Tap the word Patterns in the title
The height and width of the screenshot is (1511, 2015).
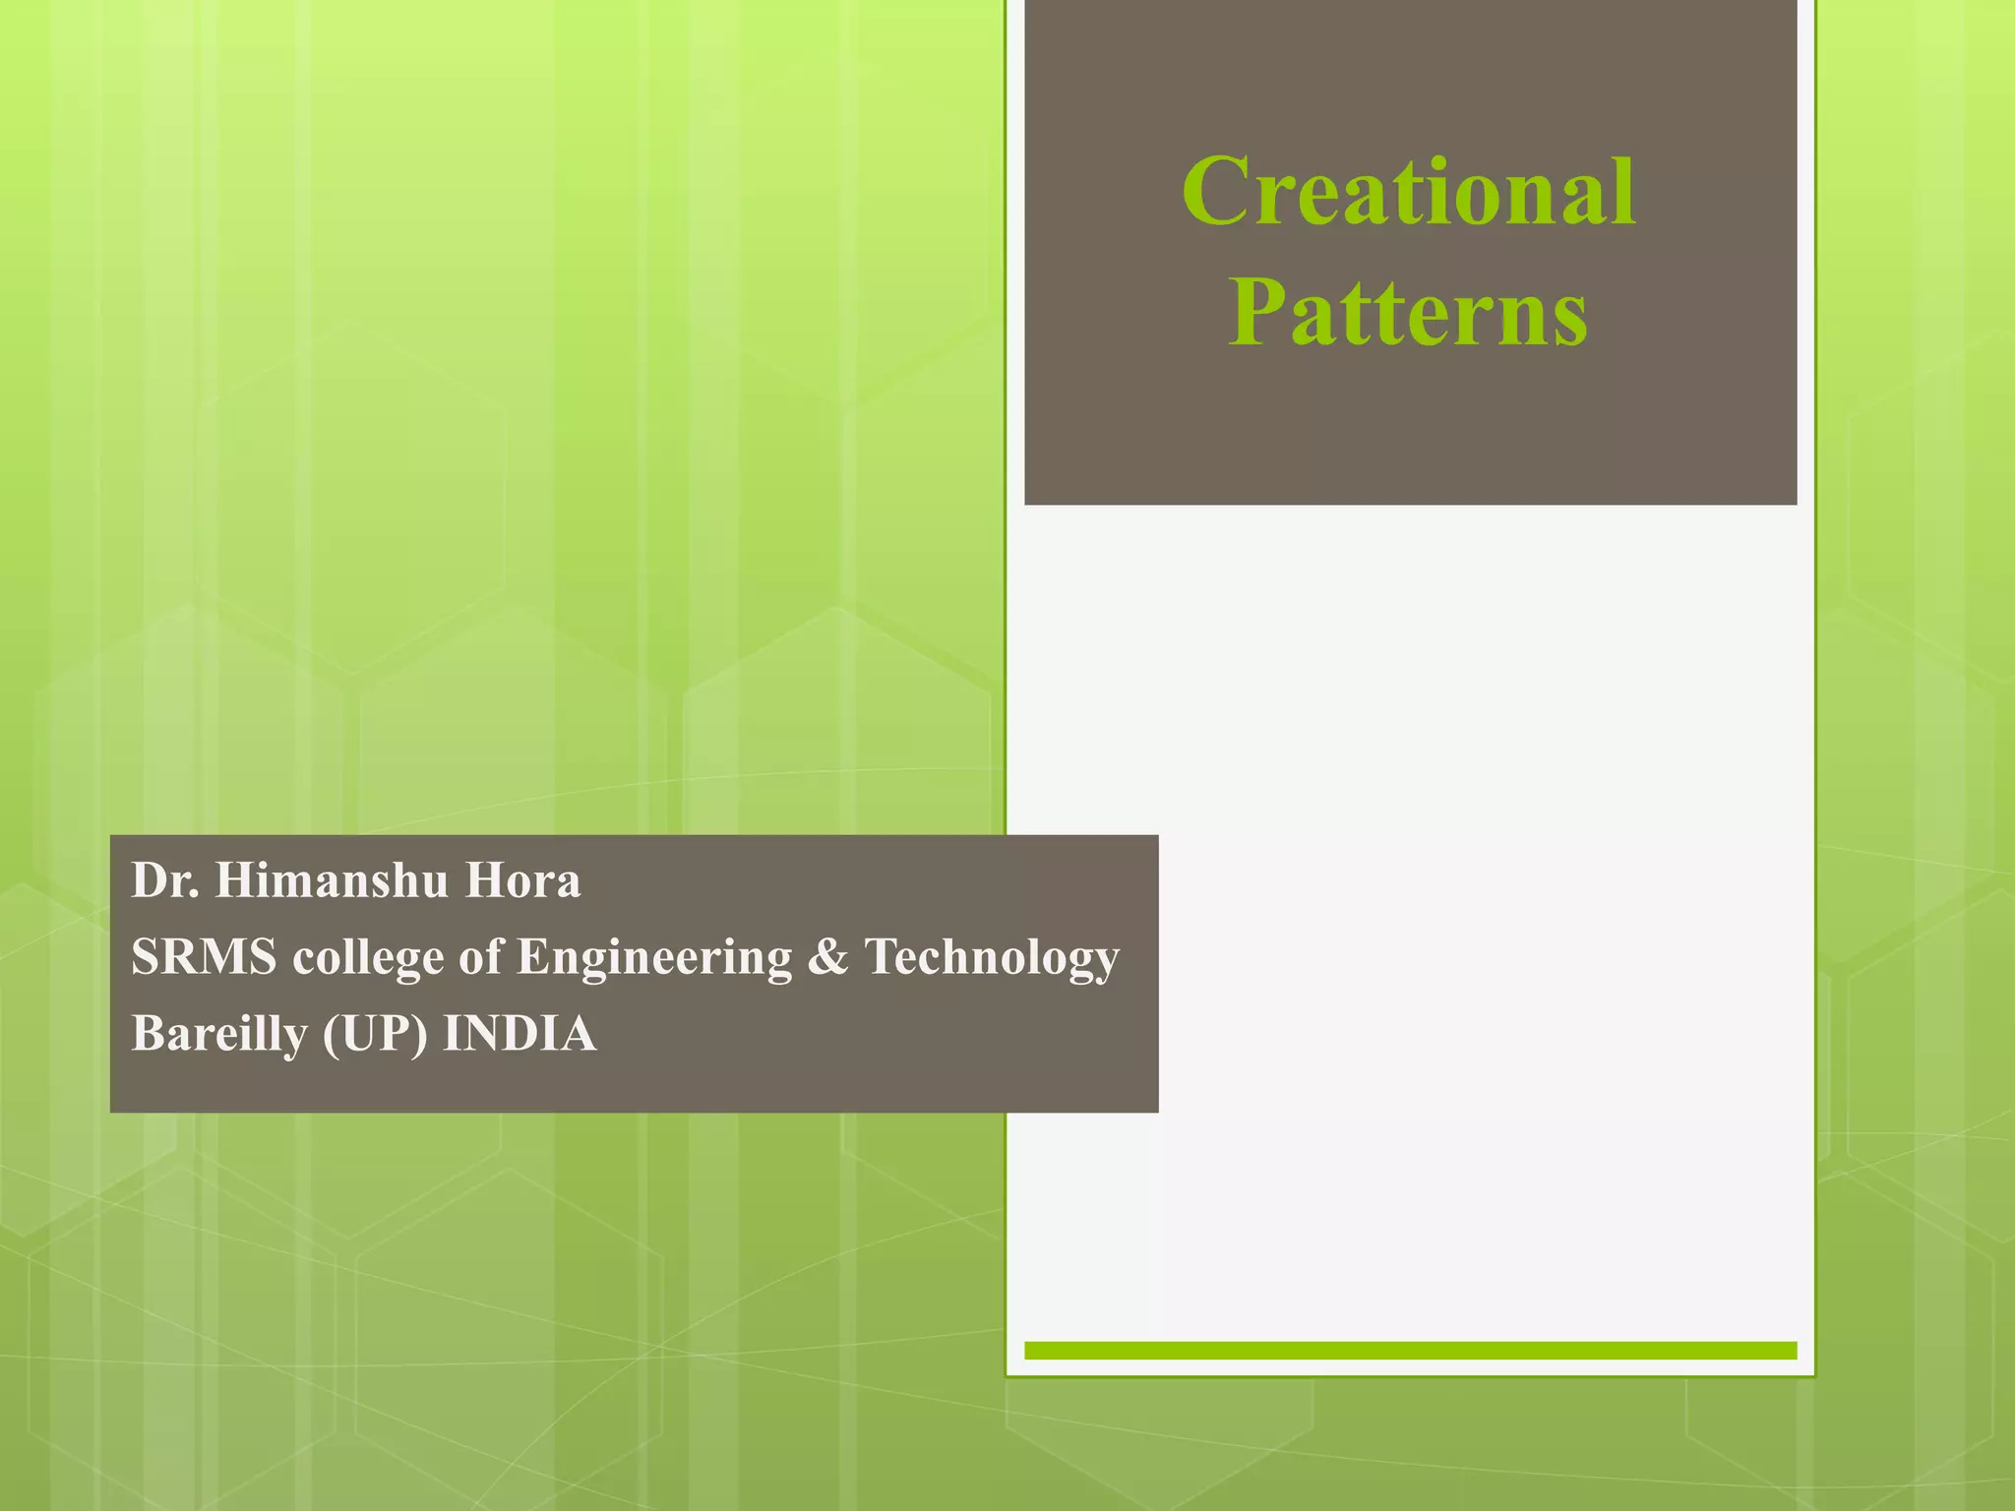(x=1408, y=313)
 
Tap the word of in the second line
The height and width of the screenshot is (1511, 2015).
(x=481, y=956)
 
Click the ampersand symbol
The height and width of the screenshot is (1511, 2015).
(x=827, y=956)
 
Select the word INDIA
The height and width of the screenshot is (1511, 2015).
(x=519, y=1034)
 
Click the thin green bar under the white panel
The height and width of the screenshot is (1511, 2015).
(x=1410, y=1350)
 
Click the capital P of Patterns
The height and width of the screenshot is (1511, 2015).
(x=1254, y=313)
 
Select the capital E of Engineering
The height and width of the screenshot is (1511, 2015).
(x=532, y=955)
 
